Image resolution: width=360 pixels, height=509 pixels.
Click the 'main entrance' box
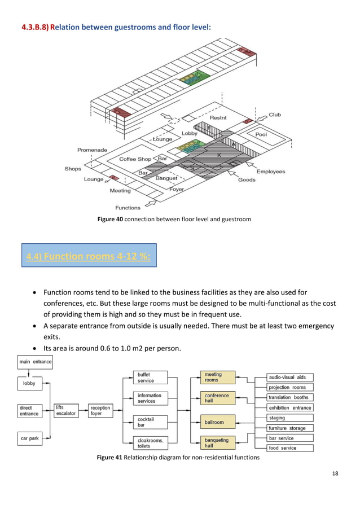pyautogui.click(x=35, y=362)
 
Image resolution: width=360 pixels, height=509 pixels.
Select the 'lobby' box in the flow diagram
pyautogui.click(x=29, y=384)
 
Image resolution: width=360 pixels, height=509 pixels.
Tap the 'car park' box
pyautogui.click(x=29, y=438)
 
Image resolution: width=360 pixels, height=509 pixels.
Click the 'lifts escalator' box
pyautogui.click(x=67, y=410)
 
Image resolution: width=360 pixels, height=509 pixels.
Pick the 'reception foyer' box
pyautogui.click(x=100, y=410)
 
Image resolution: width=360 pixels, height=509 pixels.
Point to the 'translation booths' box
pyautogui.click(x=289, y=397)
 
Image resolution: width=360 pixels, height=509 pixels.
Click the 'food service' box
pyautogui.click(x=289, y=448)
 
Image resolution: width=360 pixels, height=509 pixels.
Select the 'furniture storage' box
pyautogui.click(x=289, y=428)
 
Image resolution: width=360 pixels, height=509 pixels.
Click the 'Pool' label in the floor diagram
pyautogui.click(x=261, y=135)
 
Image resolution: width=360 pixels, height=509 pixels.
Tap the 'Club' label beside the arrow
pyautogui.click(x=275, y=115)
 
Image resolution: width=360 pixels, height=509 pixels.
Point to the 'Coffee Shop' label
pyautogui.click(x=135, y=159)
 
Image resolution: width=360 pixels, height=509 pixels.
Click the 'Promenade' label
pyautogui.click(x=92, y=150)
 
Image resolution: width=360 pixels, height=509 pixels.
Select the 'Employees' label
pyautogui.click(x=271, y=172)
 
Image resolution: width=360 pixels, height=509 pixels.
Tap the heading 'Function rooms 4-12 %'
pyautogui.click(x=89, y=257)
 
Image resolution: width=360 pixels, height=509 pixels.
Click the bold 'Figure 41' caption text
pyautogui.click(x=110, y=458)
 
